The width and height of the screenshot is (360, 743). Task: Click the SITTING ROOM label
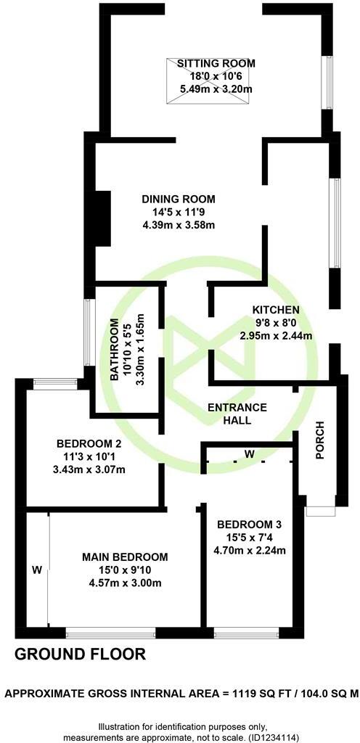pyautogui.click(x=214, y=64)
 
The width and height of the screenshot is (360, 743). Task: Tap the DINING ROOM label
pyautogui.click(x=179, y=199)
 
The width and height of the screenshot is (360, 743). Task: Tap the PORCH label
pyautogui.click(x=319, y=440)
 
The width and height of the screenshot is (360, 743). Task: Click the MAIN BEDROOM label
pyautogui.click(x=125, y=557)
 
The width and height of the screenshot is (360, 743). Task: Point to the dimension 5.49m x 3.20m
pyautogui.click(x=214, y=89)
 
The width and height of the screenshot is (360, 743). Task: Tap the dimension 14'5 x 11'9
pyautogui.click(x=179, y=212)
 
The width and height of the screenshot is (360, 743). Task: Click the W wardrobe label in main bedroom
pyautogui.click(x=36, y=570)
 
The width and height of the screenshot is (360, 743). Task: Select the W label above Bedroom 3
pyautogui.click(x=249, y=454)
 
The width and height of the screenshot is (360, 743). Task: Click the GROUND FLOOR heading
pyautogui.click(x=81, y=654)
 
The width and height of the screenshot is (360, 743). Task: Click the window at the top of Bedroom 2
pyautogui.click(x=55, y=384)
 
